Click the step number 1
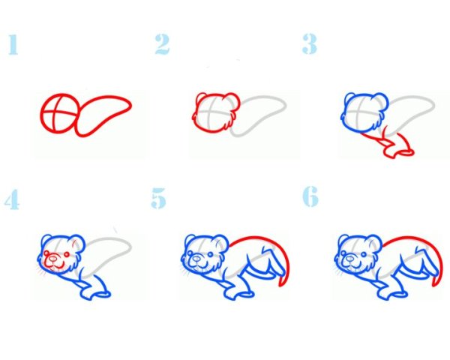pos(13,44)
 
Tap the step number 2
pos(162,44)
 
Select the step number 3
pos(310,43)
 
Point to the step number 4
pos(12,199)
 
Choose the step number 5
pos(159,198)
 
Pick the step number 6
pos(310,196)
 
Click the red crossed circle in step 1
pos(58,112)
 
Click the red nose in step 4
pos(53,259)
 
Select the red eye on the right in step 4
pos(67,254)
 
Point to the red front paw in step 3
pos(399,151)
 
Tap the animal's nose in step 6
pos(349,259)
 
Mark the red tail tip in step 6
pos(435,281)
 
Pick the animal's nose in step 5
pos(196,259)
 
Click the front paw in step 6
pos(392,295)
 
